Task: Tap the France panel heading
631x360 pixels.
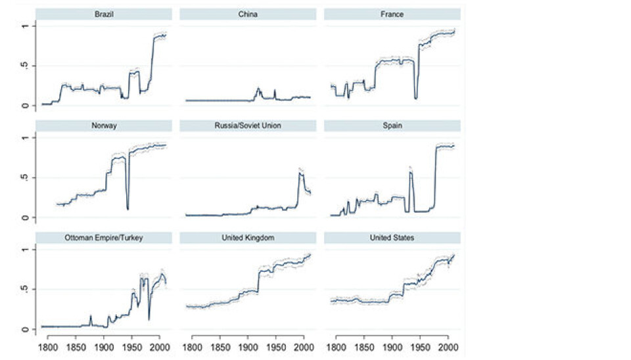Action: point(392,14)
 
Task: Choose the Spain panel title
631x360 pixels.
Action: point(392,126)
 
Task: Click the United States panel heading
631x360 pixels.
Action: point(392,238)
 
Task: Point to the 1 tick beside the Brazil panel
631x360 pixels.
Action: point(24,26)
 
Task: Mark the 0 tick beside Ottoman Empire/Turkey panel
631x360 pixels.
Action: point(24,329)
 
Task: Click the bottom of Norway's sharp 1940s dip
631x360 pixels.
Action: point(128,209)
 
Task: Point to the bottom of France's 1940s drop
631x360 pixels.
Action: point(416,98)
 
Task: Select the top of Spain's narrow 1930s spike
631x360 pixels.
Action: point(410,172)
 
